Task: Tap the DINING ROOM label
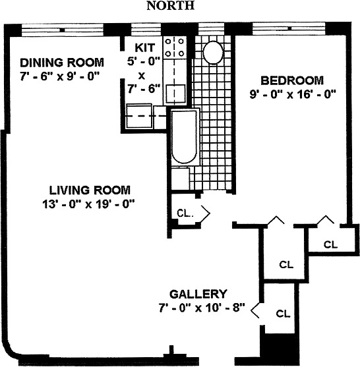pos(61,63)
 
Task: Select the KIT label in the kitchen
pos(144,47)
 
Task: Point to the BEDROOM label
pos(292,80)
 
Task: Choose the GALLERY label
pos(198,294)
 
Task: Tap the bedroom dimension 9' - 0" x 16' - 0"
pos(292,94)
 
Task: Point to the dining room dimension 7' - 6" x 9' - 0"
pos(60,75)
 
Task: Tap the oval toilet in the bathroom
pos(212,51)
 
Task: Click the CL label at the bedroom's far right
pos(330,244)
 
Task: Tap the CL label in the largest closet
pos(285,265)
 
